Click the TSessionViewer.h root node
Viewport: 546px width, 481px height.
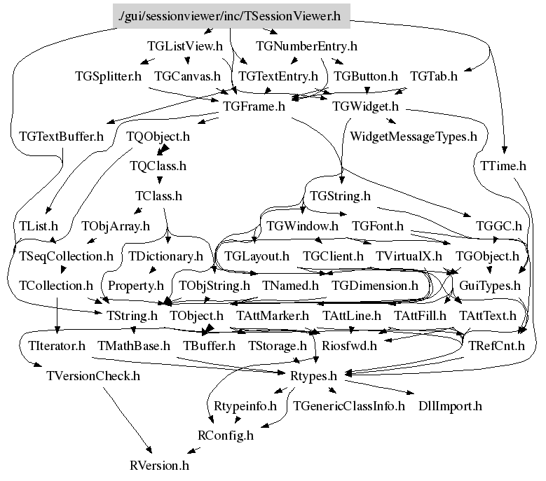tap(231, 16)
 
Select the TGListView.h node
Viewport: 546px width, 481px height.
tap(185, 47)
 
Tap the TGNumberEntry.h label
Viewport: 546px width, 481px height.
tap(307, 47)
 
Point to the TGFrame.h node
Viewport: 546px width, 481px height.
tap(253, 106)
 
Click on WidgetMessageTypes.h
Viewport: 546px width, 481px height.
tap(413, 136)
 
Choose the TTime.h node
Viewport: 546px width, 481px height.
tap(503, 166)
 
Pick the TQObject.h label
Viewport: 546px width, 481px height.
tap(158, 136)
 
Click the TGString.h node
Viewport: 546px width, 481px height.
tap(339, 196)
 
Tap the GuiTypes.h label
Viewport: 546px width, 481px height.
tap(489, 286)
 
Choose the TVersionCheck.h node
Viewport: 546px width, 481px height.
tap(93, 375)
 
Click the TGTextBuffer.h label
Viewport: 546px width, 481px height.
tap(61, 136)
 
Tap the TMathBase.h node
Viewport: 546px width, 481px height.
tap(134, 345)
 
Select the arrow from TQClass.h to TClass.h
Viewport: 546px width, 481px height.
tap(158, 181)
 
